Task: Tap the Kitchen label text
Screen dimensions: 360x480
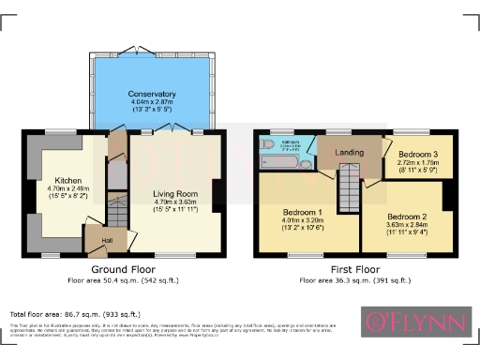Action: pyautogui.click(x=67, y=180)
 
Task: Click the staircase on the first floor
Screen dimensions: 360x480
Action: pyautogui.click(x=349, y=178)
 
